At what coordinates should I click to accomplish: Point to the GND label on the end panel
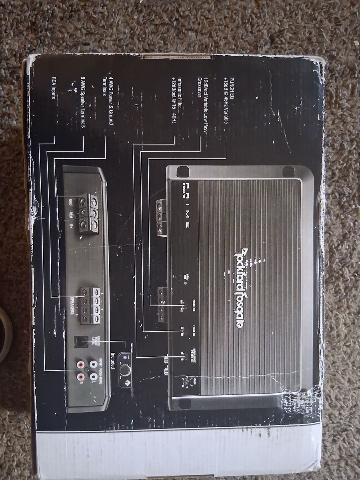(x=70, y=202)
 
